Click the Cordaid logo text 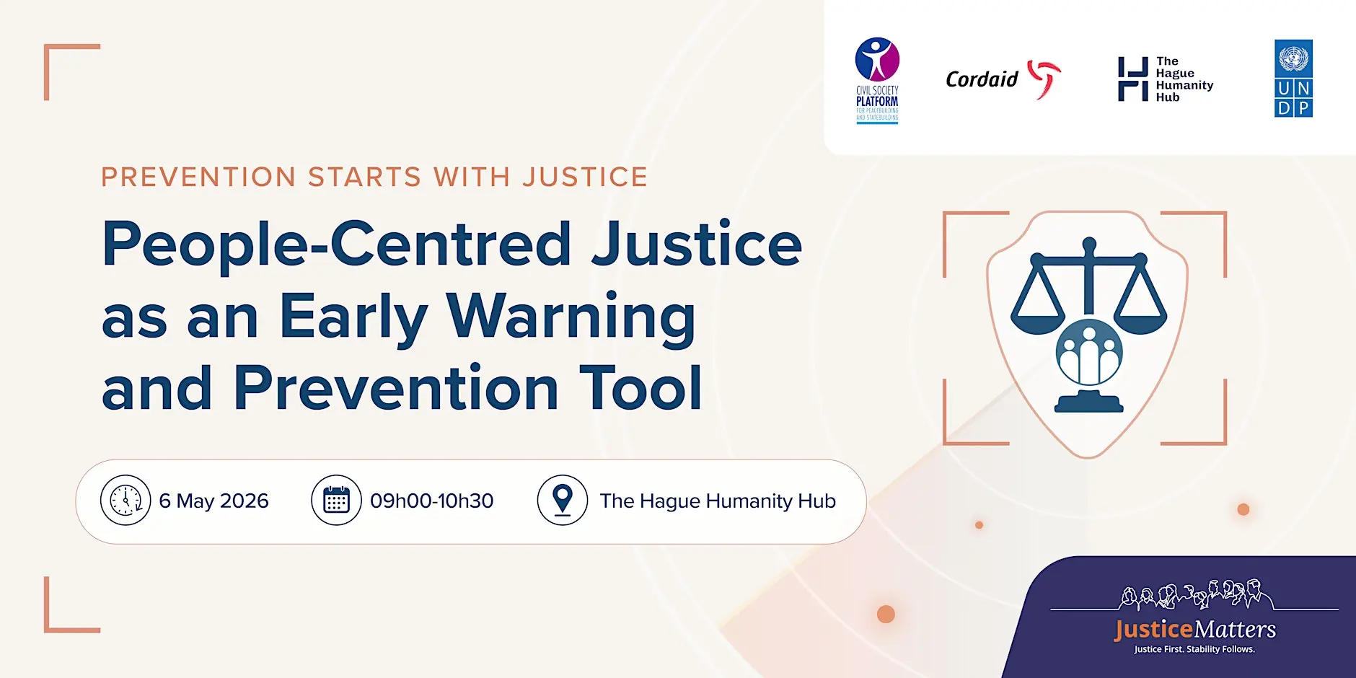click(x=982, y=79)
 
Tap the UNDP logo click(x=1293, y=78)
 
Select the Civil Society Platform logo click(x=877, y=79)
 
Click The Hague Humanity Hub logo click(x=1166, y=79)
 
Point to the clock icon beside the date click(x=126, y=500)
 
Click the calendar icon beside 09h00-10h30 click(x=336, y=500)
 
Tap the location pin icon click(x=563, y=500)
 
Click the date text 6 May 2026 click(x=213, y=501)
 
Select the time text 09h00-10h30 click(x=431, y=501)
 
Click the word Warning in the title click(x=571, y=317)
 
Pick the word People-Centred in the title click(x=337, y=244)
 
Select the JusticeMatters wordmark click(x=1195, y=630)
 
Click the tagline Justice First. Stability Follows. click(x=1194, y=649)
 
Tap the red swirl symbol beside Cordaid click(x=1044, y=78)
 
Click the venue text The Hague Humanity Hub click(x=718, y=501)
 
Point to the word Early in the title click(x=353, y=317)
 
